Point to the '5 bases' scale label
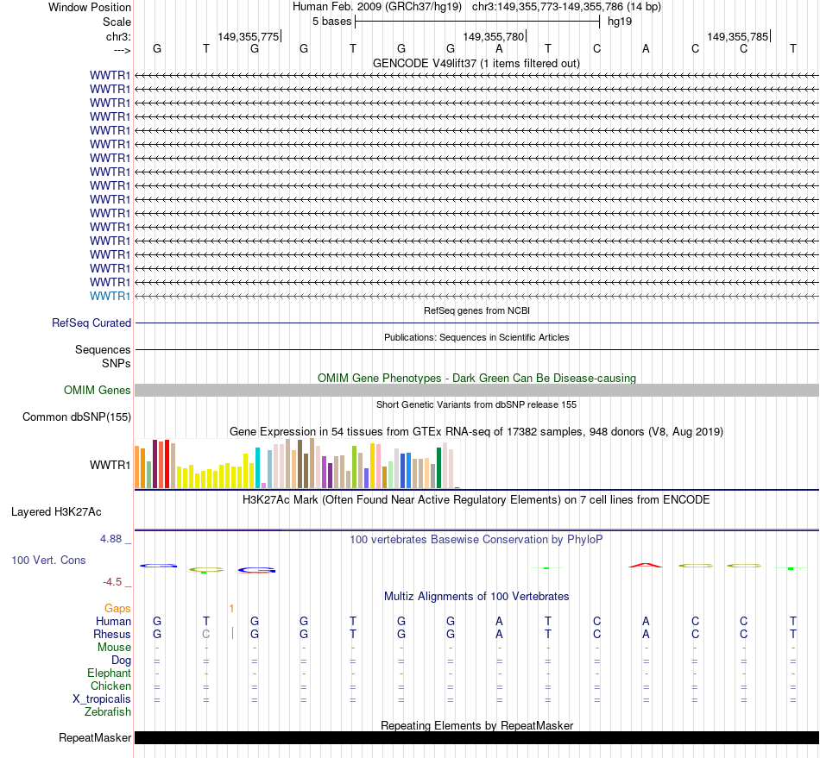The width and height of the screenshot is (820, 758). click(x=331, y=21)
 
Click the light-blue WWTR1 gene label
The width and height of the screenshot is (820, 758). click(x=110, y=296)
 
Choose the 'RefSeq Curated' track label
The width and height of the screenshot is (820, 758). click(x=91, y=323)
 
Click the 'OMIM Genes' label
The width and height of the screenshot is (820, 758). click(x=98, y=390)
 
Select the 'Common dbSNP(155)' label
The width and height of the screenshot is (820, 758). click(x=76, y=417)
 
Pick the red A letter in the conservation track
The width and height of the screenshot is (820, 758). click(x=646, y=565)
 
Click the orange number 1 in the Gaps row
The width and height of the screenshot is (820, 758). click(x=231, y=608)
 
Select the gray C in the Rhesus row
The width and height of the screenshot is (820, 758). click(x=205, y=634)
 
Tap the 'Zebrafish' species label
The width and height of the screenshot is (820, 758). click(x=108, y=711)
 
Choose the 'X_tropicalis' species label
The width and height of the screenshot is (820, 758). click(x=102, y=698)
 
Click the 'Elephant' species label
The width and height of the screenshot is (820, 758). click(x=109, y=673)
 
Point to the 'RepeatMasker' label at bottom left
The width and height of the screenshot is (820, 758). click(x=95, y=737)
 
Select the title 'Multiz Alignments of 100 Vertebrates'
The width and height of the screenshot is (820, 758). click(x=476, y=596)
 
